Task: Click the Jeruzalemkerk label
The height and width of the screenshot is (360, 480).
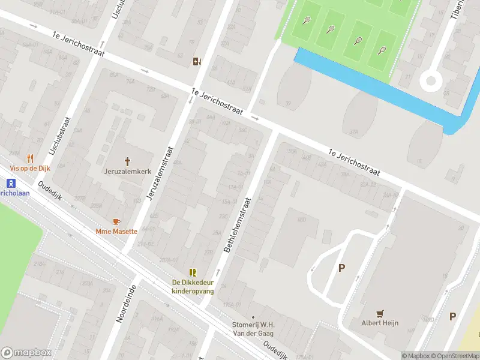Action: (x=127, y=172)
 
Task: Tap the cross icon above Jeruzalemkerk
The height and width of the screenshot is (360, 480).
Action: (x=127, y=161)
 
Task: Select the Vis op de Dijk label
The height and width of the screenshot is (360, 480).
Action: (x=29, y=169)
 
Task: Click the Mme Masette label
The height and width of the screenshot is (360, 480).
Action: (x=116, y=231)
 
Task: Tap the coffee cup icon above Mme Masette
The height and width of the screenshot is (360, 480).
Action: (x=116, y=221)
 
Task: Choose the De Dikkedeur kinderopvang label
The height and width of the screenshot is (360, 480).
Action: (x=193, y=286)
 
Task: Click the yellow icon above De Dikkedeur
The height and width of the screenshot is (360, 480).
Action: (x=193, y=272)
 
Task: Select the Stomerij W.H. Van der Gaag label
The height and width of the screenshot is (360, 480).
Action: (x=253, y=329)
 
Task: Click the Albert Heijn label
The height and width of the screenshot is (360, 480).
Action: (x=379, y=323)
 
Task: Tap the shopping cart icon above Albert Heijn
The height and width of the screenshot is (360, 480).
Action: (x=379, y=313)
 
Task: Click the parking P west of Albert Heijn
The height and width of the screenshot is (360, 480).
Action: (x=341, y=268)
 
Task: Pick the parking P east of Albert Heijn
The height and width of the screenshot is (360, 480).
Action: (x=452, y=316)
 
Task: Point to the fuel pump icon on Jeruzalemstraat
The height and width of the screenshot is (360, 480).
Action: (x=196, y=61)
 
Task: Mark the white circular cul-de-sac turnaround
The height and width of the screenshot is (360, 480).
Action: (x=430, y=80)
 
